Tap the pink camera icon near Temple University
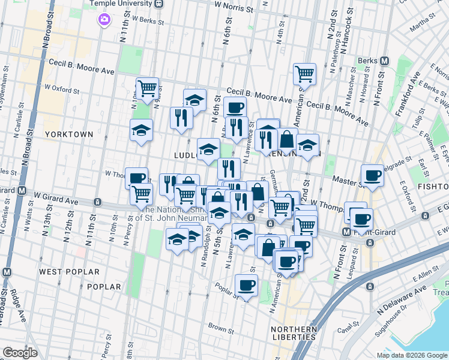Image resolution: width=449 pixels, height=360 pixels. point(105,20)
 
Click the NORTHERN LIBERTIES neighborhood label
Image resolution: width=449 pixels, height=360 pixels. point(294,333)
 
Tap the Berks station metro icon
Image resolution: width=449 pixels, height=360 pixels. point(384,61)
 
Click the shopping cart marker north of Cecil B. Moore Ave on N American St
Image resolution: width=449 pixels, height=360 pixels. point(305,74)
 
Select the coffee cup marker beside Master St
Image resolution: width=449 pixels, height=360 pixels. point(373,175)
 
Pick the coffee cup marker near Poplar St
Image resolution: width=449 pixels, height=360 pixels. point(246,285)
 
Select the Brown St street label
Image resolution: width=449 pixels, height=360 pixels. point(221,328)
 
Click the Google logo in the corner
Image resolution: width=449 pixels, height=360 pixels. point(20,352)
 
